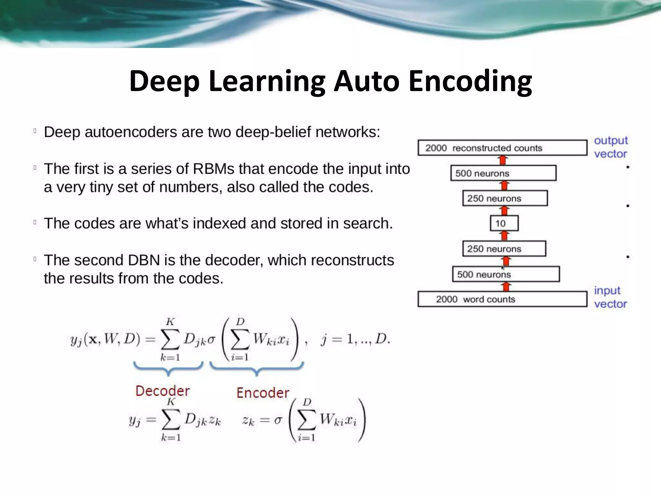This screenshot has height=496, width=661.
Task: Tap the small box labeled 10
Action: click(504, 223)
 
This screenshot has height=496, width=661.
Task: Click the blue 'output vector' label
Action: click(611, 147)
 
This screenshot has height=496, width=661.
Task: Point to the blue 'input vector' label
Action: click(610, 297)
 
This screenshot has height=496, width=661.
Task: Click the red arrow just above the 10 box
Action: click(504, 211)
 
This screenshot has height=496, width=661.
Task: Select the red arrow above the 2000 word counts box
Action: click(506, 287)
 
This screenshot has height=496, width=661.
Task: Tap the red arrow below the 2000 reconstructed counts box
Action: click(503, 160)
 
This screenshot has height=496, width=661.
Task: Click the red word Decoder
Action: click(162, 391)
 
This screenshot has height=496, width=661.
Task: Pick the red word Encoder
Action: click(263, 393)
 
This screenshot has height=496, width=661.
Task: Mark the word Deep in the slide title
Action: click(165, 81)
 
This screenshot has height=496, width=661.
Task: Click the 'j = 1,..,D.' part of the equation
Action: click(355, 339)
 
